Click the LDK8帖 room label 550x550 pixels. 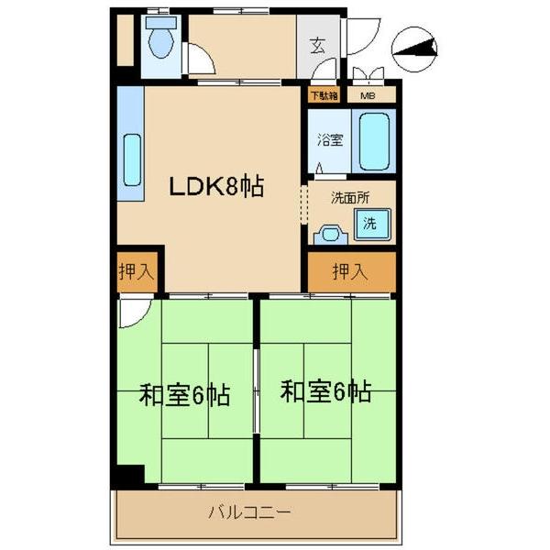pyautogui.click(x=215, y=187)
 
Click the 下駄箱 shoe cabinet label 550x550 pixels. pyautogui.click(x=323, y=94)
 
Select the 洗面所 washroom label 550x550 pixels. pyautogui.click(x=349, y=195)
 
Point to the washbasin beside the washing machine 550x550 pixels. pyautogui.click(x=329, y=236)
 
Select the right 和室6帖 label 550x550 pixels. pyautogui.click(x=325, y=393)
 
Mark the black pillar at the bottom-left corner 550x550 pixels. pyautogui.click(x=129, y=476)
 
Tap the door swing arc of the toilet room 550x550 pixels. pyautogui.click(x=200, y=60)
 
